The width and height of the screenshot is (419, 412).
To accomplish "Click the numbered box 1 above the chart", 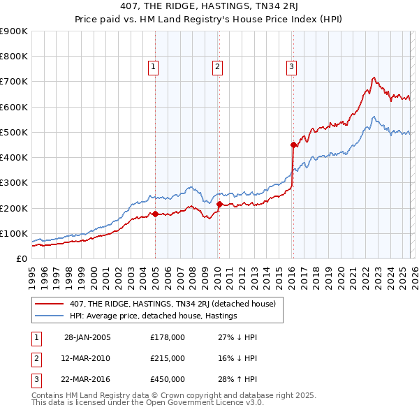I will coord(153,67).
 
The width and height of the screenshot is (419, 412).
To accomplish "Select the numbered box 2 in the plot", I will coord(218,67).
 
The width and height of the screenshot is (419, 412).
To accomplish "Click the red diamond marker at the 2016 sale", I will coord(294,145).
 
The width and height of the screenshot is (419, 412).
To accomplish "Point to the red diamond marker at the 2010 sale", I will coord(219,205).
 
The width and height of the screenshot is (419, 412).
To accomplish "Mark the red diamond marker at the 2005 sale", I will coord(155,214).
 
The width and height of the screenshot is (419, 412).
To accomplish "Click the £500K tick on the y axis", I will coord(13,132).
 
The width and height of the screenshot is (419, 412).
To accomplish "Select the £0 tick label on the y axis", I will coord(21,258).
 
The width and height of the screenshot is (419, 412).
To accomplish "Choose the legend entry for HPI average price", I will coord(152,316).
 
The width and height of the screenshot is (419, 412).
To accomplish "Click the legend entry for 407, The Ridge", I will coord(166,304).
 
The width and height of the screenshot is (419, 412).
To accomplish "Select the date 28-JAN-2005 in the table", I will coord(87,337).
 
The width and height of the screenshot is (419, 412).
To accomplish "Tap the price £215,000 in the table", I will coord(168,358).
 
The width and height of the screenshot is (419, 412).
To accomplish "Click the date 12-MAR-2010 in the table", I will coord(87,358).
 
